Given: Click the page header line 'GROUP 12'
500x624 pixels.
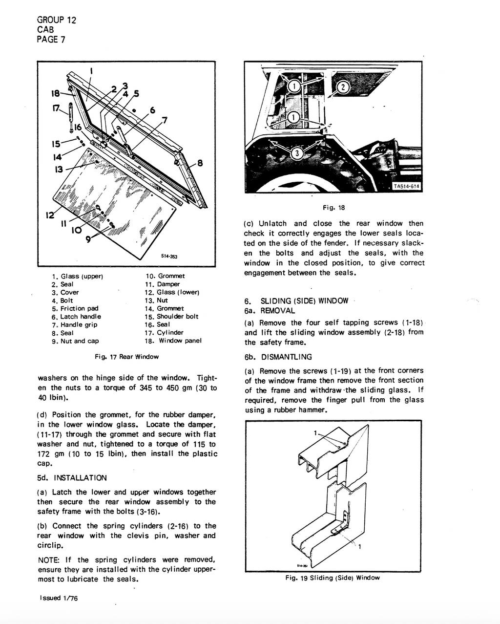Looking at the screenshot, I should (x=56, y=20).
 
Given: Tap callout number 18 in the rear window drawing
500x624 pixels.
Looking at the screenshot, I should (x=56, y=93).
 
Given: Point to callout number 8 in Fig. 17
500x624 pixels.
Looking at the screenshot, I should (x=200, y=163).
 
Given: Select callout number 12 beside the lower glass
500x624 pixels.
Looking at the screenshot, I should (x=49, y=215).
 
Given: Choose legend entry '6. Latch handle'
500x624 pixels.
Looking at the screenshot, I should (x=76, y=317).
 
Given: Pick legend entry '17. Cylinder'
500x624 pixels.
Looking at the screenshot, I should (x=164, y=333).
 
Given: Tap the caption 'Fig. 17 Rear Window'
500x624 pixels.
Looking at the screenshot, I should (x=126, y=357).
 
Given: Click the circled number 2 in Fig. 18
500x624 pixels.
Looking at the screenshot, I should (x=343, y=87).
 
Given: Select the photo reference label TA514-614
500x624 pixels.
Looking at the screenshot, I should (x=406, y=186).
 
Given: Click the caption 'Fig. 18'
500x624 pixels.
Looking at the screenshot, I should (x=334, y=208).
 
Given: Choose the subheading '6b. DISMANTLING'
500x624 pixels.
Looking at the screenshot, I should (x=278, y=357).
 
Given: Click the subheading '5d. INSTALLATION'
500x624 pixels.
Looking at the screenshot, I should (x=72, y=478).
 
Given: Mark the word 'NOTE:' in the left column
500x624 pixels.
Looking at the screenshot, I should (x=49, y=560).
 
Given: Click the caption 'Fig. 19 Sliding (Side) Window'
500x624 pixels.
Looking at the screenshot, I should (x=333, y=578).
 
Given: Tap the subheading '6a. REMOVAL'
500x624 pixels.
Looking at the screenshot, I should (x=270, y=311).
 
